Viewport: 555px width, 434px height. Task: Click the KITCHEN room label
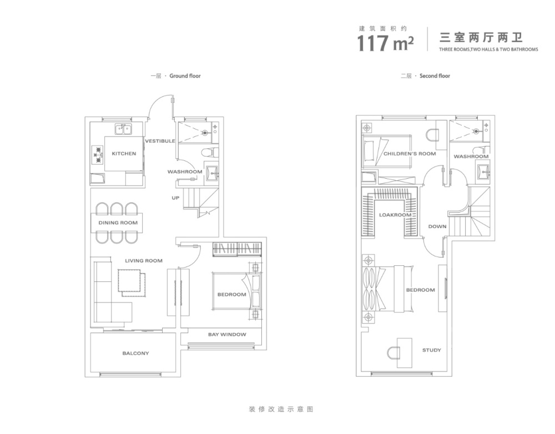[124, 154]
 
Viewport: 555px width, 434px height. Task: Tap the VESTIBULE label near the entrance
[160, 141]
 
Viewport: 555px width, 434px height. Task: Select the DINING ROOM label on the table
[118, 223]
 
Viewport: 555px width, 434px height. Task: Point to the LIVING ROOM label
[144, 260]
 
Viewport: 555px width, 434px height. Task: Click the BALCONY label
[135, 354]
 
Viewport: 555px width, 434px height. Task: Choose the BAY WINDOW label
[227, 334]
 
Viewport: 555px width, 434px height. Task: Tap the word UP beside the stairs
[175, 198]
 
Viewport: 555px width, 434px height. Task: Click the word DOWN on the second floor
[437, 226]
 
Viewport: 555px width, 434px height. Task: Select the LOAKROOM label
[395, 215]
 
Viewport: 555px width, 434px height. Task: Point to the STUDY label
[432, 350]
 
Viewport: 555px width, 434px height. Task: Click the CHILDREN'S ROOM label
[410, 154]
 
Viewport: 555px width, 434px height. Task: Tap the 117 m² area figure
[386, 43]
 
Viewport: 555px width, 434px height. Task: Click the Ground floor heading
[175, 75]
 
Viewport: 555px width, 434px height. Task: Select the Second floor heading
[426, 75]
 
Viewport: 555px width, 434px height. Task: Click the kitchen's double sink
[123, 129]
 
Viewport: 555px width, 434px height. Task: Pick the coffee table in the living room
[132, 282]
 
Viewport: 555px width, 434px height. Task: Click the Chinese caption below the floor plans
[281, 409]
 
